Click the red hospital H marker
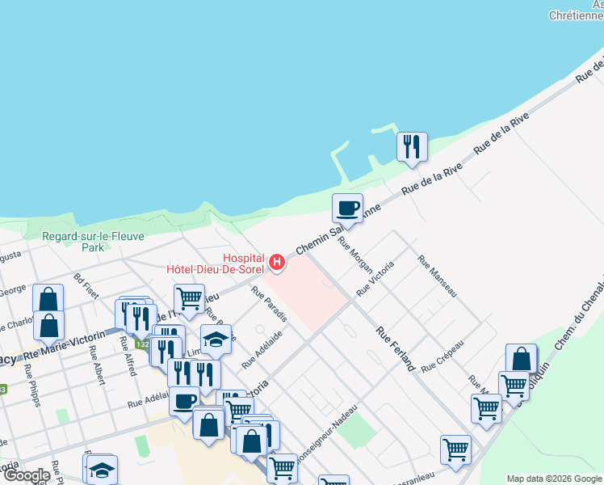[x=277, y=262]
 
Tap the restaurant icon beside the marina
[x=412, y=147]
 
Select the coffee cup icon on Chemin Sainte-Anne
[x=347, y=209]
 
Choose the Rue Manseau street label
[x=437, y=276]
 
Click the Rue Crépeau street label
[x=442, y=356]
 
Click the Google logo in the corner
[x=27, y=475]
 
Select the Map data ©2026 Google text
[x=554, y=478]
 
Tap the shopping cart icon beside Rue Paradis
[x=189, y=298]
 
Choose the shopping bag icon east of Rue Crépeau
[x=521, y=358]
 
